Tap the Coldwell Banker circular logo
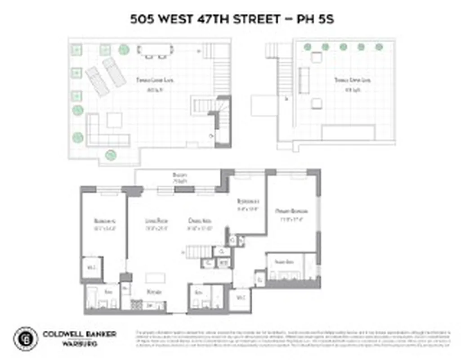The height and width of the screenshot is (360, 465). (26, 338)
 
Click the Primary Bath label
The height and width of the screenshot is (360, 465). (284, 261)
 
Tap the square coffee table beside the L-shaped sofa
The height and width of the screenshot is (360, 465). (114, 120)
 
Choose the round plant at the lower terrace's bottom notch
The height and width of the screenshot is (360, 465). (110, 156)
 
